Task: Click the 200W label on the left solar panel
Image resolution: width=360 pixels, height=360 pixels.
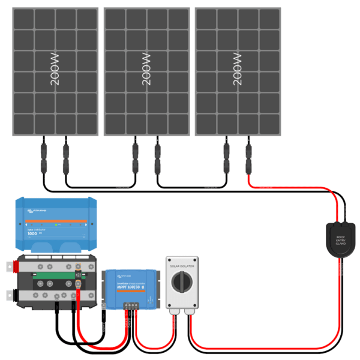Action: coord(56,71)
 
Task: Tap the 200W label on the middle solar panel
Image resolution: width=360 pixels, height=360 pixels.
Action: coord(147,71)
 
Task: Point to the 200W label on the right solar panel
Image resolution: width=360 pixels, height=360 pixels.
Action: coord(238,71)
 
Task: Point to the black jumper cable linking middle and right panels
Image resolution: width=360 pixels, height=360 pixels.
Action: coord(191,184)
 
